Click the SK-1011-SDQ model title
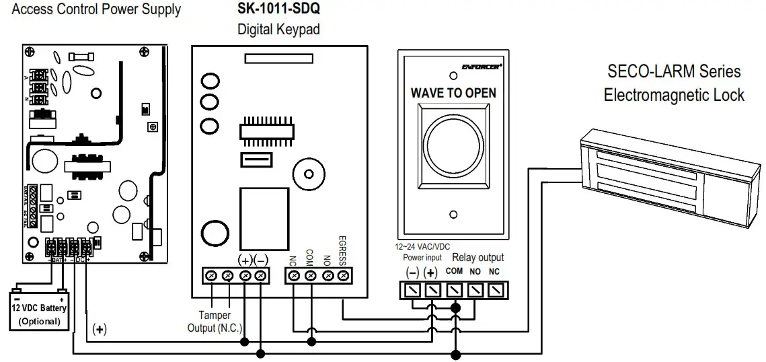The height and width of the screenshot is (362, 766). coord(278,11)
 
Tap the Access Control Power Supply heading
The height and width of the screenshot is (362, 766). coord(97,9)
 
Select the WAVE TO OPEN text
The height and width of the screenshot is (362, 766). coord(453,93)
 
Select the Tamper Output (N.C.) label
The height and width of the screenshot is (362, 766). coord(215,321)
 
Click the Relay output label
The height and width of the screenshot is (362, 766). coord(477,257)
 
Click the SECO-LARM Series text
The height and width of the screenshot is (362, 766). coord(673,71)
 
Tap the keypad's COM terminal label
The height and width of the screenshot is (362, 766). coord(310,256)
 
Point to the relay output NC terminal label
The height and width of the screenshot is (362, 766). coord(494,273)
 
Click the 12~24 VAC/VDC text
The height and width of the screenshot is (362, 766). coord(422,247)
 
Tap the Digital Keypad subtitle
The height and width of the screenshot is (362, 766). coord(278,30)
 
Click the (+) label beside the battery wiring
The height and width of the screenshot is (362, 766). coord(100,329)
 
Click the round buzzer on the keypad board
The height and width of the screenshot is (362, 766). coord(309,173)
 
